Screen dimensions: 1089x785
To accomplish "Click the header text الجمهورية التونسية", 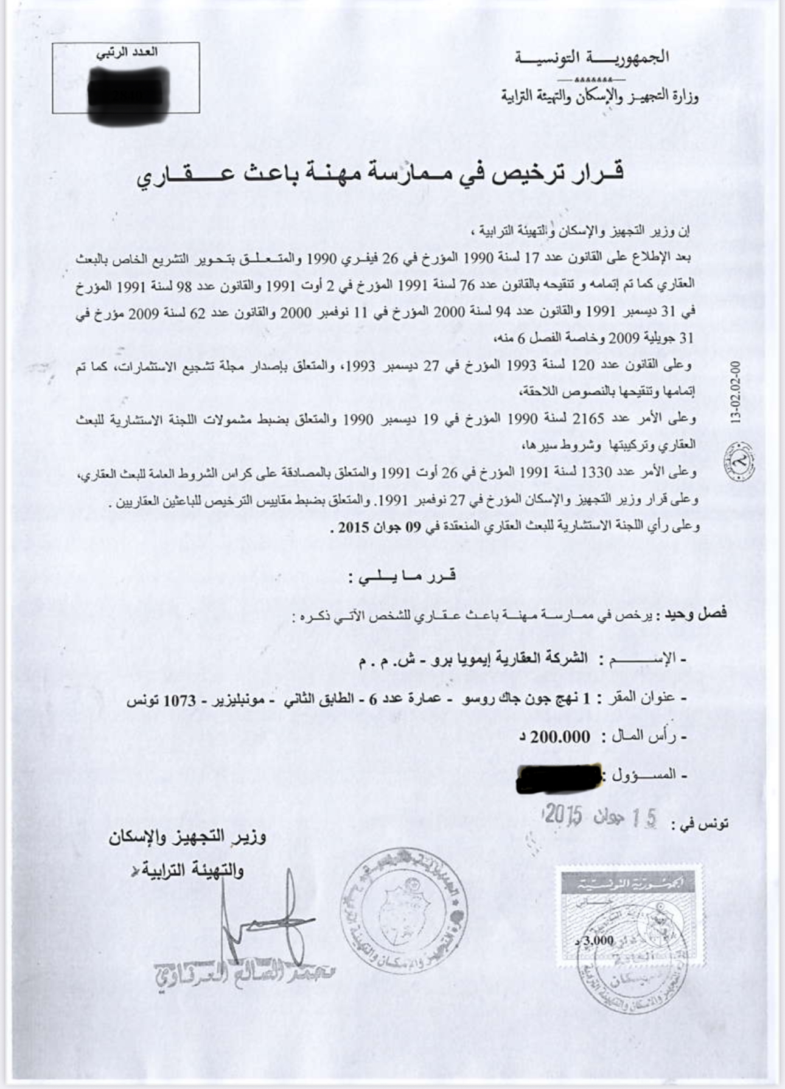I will tap(592, 58).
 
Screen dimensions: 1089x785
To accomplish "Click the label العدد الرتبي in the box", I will tap(127, 52).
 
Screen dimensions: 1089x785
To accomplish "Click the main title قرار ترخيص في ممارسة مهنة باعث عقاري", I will tap(380, 174).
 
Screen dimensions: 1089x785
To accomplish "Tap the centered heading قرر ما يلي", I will tap(402, 576).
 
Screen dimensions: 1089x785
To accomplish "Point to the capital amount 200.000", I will tap(559, 738).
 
